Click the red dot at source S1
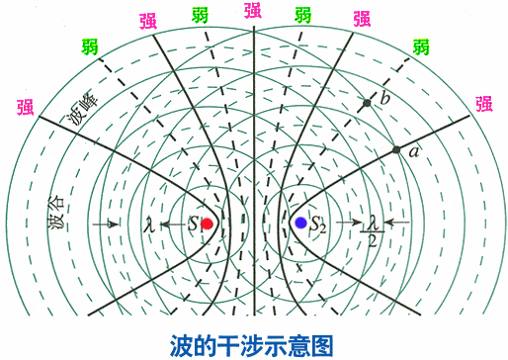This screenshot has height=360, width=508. [x=207, y=224]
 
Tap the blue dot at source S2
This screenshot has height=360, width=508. [x=300, y=223]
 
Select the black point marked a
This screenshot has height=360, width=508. [x=396, y=149]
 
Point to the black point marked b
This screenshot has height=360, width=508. [x=367, y=102]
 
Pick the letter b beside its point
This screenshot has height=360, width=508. [x=385, y=100]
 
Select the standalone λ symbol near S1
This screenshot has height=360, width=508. [x=149, y=224]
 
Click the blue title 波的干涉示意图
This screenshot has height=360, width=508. [x=253, y=344]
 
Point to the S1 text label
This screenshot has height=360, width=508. [x=194, y=225]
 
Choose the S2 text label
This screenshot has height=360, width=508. [x=317, y=225]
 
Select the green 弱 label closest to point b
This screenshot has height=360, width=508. [x=421, y=46]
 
